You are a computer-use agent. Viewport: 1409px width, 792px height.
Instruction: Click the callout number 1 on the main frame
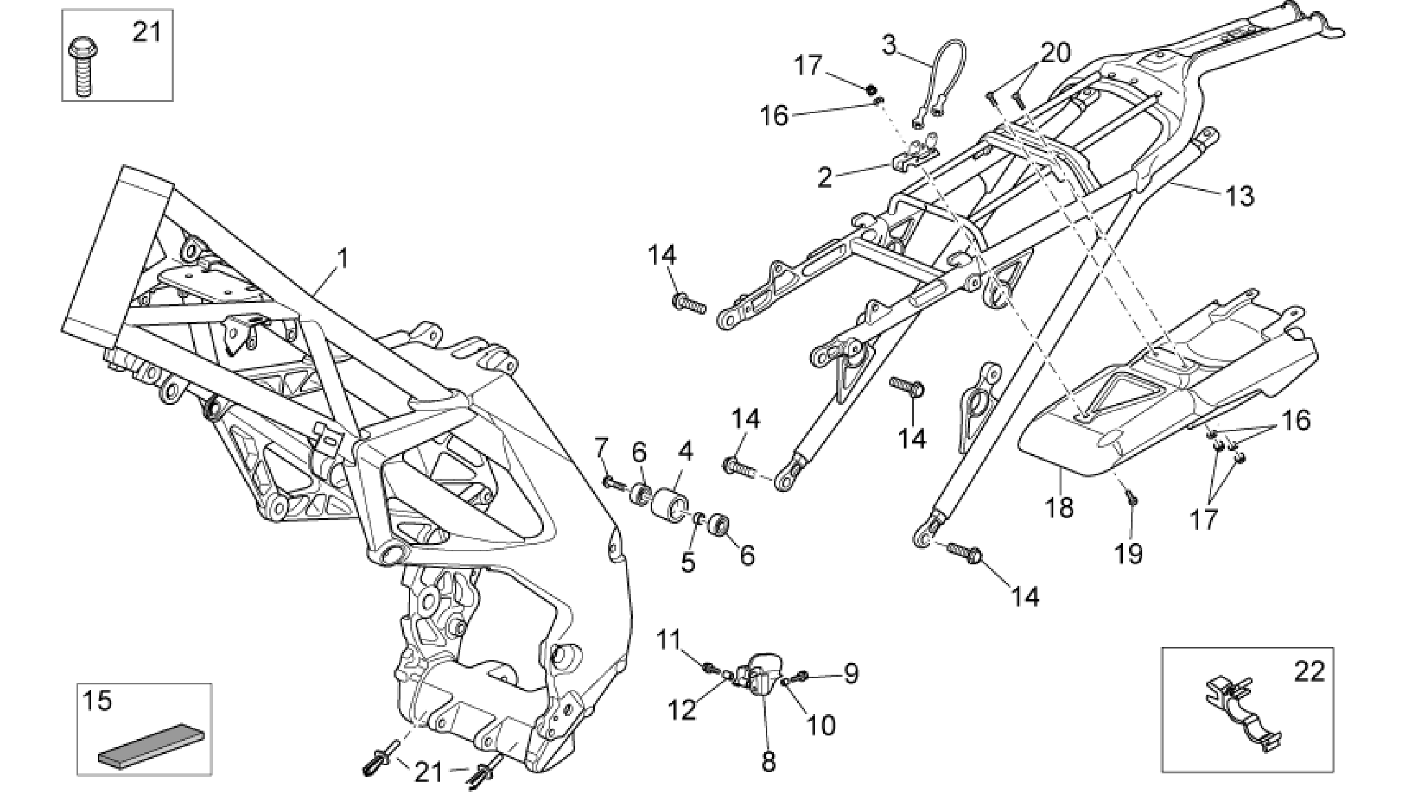pos(342,260)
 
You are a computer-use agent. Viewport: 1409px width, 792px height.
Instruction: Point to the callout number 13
pos(1238,196)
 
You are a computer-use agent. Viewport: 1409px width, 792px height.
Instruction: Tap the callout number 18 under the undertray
pos(1060,508)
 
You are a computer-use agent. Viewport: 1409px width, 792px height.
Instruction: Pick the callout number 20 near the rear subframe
pos(1055,52)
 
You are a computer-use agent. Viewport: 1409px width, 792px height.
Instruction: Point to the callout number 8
pos(769,762)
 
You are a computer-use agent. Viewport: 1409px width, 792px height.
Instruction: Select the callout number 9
pos(851,673)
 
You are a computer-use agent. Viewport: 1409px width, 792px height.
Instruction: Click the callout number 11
pos(668,640)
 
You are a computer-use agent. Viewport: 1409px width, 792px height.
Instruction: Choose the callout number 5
pos(688,562)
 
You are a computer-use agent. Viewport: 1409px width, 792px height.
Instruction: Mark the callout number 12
pos(682,710)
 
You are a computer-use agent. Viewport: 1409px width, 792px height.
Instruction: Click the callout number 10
pos(821,724)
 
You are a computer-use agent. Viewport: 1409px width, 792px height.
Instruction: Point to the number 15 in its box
pos(97,701)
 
